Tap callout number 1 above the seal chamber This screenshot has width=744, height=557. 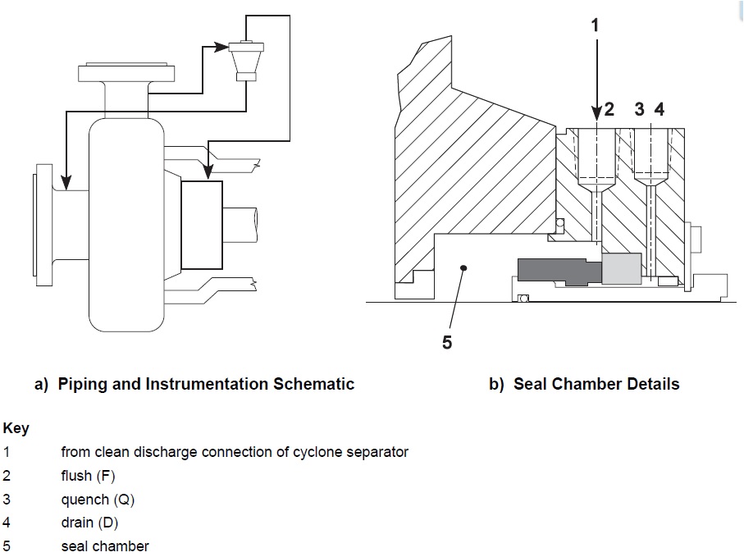tap(596, 25)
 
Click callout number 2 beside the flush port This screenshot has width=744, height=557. tap(609, 110)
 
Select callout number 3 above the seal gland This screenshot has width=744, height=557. tap(640, 110)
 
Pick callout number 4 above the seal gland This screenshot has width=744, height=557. tap(659, 110)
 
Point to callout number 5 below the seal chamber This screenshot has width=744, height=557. tap(447, 343)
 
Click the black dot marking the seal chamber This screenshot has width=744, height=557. tap(464, 267)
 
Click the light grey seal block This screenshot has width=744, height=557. tap(621, 269)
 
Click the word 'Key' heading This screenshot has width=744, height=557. tap(16, 429)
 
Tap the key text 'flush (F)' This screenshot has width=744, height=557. tap(88, 476)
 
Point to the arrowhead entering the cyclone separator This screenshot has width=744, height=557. tap(221, 48)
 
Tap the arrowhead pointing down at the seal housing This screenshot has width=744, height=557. tap(208, 173)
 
